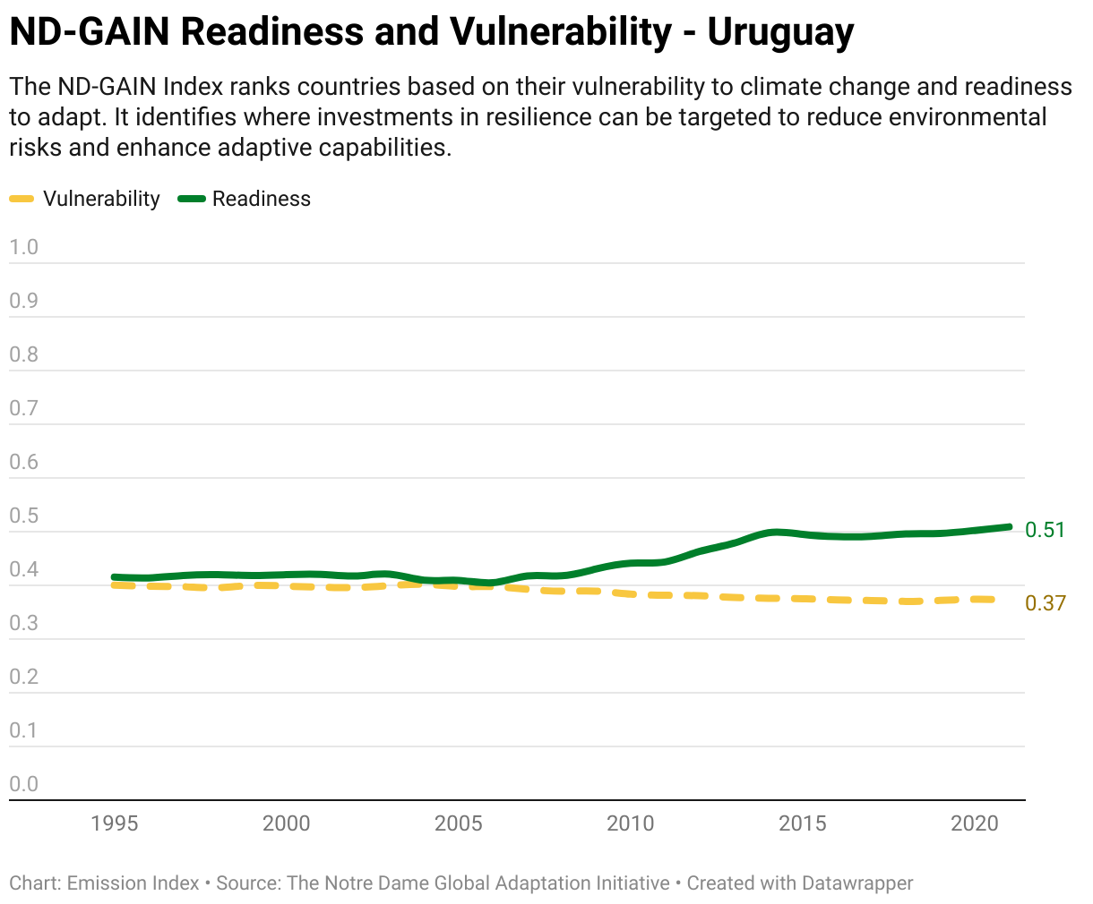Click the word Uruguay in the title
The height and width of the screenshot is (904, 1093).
(780, 32)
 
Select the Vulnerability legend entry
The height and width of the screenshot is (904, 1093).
(84, 199)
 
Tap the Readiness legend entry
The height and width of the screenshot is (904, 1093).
(245, 199)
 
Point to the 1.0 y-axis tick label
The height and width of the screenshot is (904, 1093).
(23, 247)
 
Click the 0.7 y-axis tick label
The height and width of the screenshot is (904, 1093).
(23, 408)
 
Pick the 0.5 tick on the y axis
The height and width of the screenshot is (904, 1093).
(23, 516)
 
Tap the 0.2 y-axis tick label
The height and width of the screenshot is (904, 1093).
(23, 677)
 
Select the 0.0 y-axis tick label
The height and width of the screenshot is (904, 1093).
(23, 784)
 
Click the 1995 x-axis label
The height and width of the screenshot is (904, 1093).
(114, 823)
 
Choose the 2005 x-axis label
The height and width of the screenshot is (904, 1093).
(458, 823)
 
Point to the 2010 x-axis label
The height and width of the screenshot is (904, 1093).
(630, 823)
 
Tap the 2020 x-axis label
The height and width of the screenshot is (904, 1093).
(974, 823)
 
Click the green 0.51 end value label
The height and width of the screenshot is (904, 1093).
(1045, 530)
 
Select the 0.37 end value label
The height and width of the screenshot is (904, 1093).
(1046, 603)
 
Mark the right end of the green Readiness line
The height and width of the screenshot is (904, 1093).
(1010, 527)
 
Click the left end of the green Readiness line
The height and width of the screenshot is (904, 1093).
(114, 577)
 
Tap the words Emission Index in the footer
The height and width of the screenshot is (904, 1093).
(133, 883)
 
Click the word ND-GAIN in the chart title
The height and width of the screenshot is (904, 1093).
(90, 32)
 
